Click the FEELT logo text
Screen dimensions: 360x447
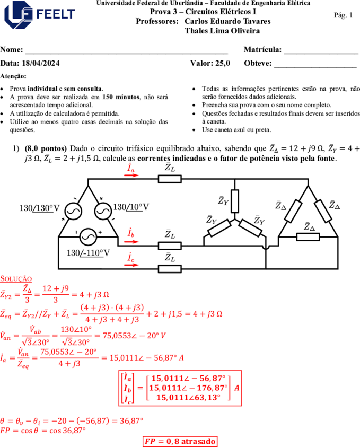pyautogui.click(x=56, y=14)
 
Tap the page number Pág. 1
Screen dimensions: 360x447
pyautogui.click(x=343, y=15)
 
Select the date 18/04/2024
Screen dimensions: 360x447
pyautogui.click(x=41, y=63)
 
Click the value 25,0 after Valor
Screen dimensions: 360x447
pyautogui.click(x=223, y=63)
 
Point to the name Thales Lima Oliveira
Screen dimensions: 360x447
pyautogui.click(x=222, y=31)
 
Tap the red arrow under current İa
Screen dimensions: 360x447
pyautogui.click(x=131, y=175)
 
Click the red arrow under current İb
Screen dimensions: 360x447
pyautogui.click(x=131, y=242)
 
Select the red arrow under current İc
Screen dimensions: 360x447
pyautogui.click(x=131, y=265)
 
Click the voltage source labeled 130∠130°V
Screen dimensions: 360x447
pyautogui.click(x=73, y=211)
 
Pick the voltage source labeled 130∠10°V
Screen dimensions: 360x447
pyautogui.click(x=103, y=211)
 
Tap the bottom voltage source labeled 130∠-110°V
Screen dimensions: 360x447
pyautogui.click(x=88, y=237)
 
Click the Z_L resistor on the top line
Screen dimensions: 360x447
pyautogui.click(x=170, y=179)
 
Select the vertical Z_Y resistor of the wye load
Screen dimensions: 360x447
pyautogui.click(x=234, y=201)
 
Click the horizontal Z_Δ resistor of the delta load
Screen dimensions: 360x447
pyautogui.click(x=308, y=237)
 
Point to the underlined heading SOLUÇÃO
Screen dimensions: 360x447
pyautogui.click(x=16, y=279)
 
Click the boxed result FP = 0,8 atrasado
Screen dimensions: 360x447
pyautogui.click(x=180, y=441)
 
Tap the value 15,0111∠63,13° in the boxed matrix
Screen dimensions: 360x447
pyautogui.click(x=188, y=397)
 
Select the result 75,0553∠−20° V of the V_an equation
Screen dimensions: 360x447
pyautogui.click(x=134, y=336)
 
